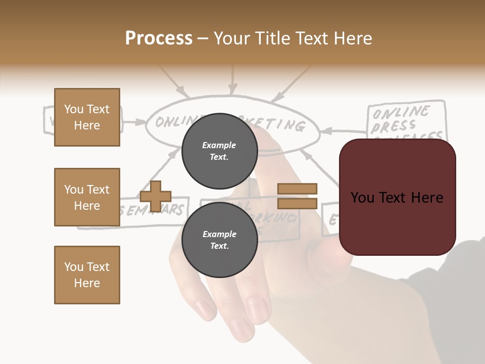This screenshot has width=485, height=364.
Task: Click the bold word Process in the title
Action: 159,38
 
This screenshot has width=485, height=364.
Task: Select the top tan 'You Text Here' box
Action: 87,117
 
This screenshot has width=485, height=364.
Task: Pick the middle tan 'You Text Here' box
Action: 87,197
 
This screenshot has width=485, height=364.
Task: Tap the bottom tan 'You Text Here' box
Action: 87,275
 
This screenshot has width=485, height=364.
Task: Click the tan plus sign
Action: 156,196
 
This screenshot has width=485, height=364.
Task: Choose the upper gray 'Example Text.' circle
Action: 219,151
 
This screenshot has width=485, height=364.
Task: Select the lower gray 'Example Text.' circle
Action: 219,240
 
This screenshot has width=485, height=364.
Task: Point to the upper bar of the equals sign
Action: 298,189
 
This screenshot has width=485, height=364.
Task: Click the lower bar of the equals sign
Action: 298,203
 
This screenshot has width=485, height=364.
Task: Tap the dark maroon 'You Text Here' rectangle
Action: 397,197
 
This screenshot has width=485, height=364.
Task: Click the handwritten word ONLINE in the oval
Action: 172,122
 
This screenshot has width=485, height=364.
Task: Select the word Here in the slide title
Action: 353,38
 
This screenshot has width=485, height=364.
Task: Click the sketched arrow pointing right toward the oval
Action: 133,121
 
